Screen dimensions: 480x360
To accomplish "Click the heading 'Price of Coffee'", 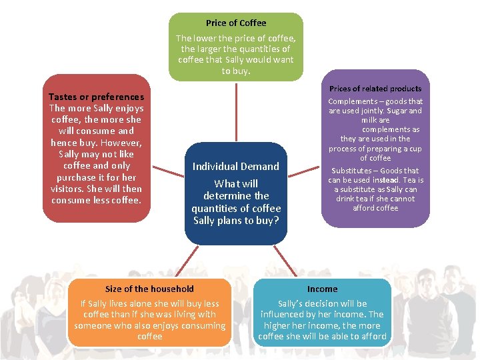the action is click(x=235, y=23).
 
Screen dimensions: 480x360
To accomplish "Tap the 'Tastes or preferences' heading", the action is click(x=96, y=97).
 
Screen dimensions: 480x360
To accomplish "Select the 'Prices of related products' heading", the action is click(x=375, y=89).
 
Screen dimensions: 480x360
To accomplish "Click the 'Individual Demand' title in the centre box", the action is click(x=235, y=166).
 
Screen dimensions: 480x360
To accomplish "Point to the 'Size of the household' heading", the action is click(x=149, y=289).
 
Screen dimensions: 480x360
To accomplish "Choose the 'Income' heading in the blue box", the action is click(x=322, y=289).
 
